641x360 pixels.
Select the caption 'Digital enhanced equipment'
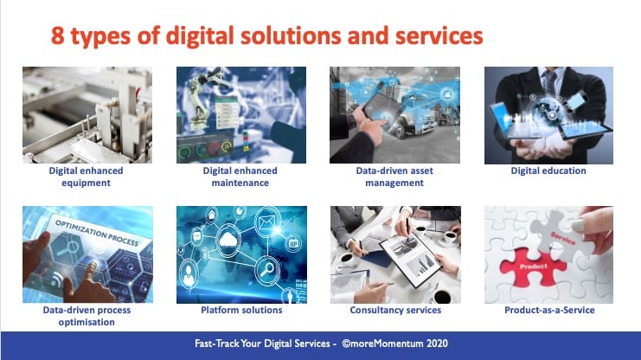(86, 177)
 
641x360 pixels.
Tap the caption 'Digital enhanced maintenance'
(240, 177)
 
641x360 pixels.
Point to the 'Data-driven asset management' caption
(394, 177)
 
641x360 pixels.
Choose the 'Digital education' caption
(548, 171)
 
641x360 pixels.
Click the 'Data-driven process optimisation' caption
(86, 316)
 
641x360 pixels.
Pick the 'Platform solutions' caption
(240, 310)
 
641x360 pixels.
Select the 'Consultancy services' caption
(394, 310)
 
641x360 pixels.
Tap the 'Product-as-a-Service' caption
(548, 310)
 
